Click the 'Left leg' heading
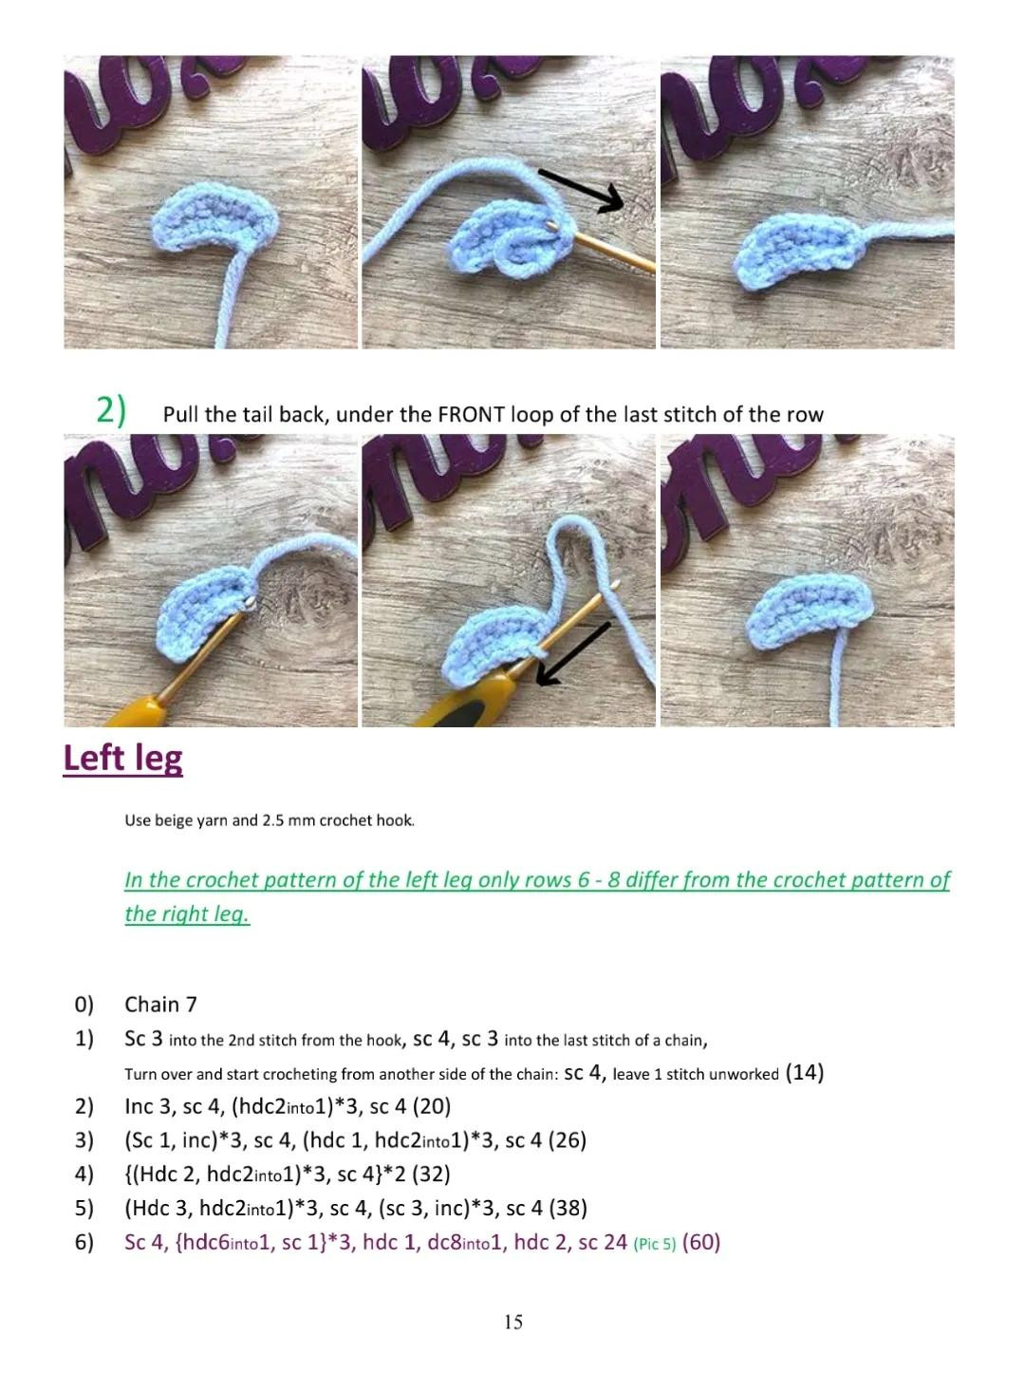(x=123, y=759)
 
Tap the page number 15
(x=512, y=1322)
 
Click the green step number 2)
(x=111, y=410)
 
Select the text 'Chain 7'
(x=160, y=1005)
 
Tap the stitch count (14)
(x=805, y=1072)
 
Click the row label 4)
(x=84, y=1175)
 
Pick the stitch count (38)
(x=568, y=1208)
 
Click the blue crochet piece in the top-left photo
(x=214, y=220)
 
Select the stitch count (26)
(x=568, y=1140)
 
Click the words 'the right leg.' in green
(x=187, y=914)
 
